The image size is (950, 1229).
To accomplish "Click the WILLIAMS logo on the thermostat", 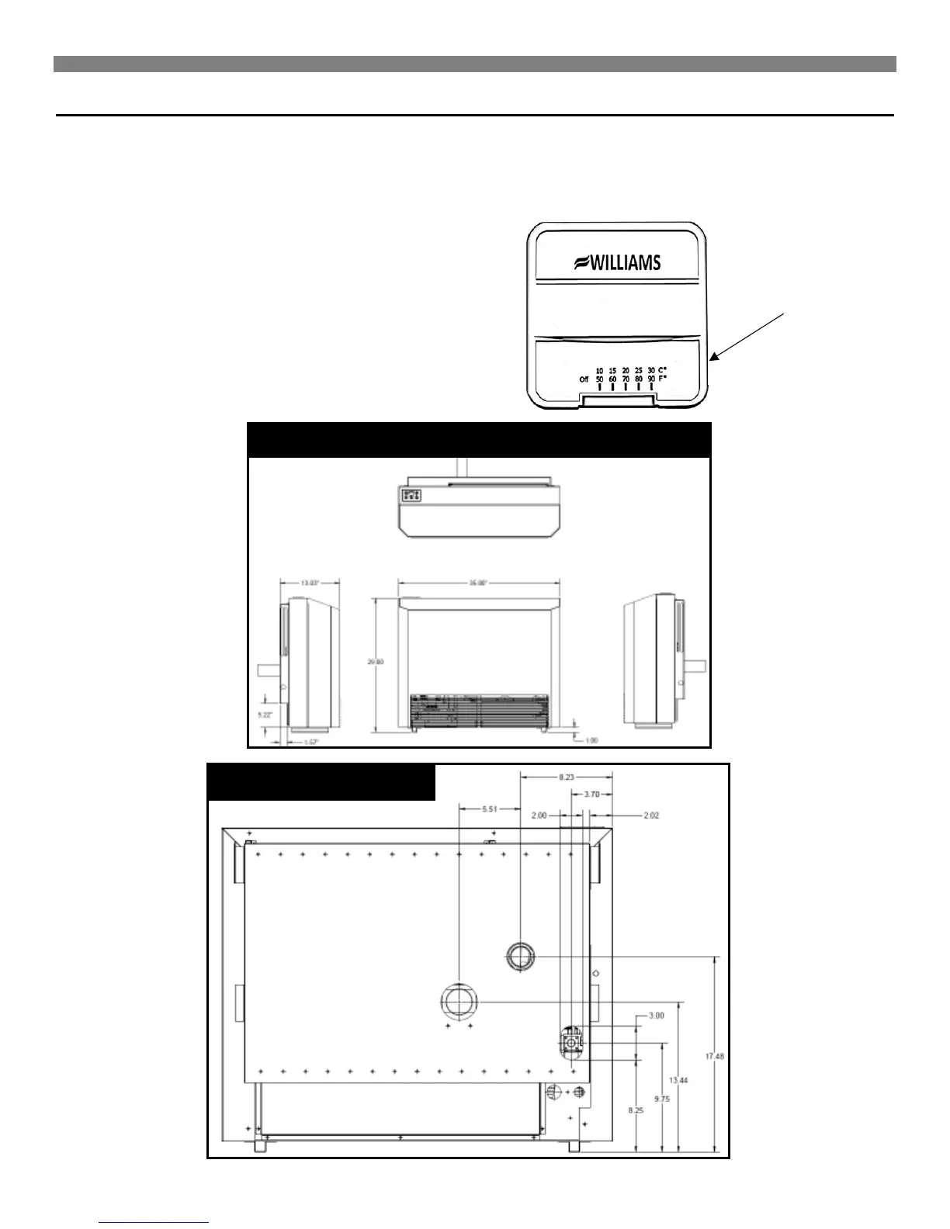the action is pos(617,262).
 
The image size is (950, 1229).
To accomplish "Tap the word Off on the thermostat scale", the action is pos(584,379).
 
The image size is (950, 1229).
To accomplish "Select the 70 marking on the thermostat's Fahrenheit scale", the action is pos(626,379).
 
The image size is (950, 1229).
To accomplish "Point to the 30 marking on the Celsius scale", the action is pos(650,370).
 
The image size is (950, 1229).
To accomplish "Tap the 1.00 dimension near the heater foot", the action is pos(591,740).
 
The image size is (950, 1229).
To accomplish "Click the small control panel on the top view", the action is pos(411,494).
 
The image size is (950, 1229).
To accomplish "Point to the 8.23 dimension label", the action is pos(566,774).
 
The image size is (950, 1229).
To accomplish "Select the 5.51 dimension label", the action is pos(489,808).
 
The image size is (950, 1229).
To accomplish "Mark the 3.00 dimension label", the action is pos(656,1016).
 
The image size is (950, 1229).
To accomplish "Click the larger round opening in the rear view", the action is pos(459,1001).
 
